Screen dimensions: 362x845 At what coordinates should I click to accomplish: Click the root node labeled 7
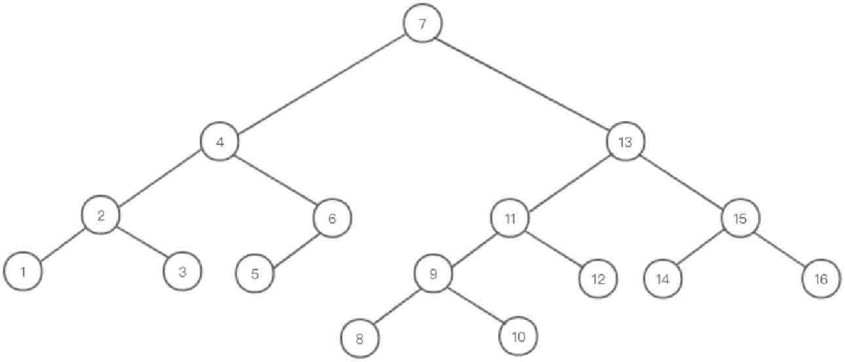point(423,24)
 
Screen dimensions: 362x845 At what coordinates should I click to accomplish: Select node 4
point(220,142)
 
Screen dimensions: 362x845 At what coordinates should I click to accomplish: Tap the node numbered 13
point(626,142)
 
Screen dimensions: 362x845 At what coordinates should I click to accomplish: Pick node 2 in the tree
point(101,215)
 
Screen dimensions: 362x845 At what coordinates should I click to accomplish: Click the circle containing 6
point(332,218)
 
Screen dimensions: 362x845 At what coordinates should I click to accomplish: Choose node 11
point(511,218)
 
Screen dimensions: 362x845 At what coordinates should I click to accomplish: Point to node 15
point(741,218)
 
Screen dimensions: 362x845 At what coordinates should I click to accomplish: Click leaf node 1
point(23,271)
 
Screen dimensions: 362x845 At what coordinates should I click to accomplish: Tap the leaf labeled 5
point(255,273)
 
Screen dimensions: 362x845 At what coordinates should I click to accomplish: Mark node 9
point(433,274)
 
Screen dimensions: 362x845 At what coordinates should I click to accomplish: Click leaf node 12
point(598,279)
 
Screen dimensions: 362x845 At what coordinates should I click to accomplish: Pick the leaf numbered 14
point(662,279)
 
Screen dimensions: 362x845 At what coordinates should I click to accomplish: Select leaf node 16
point(821,279)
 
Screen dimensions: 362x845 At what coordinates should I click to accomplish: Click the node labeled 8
point(360,339)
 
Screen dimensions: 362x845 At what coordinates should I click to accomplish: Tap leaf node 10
point(518,337)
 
